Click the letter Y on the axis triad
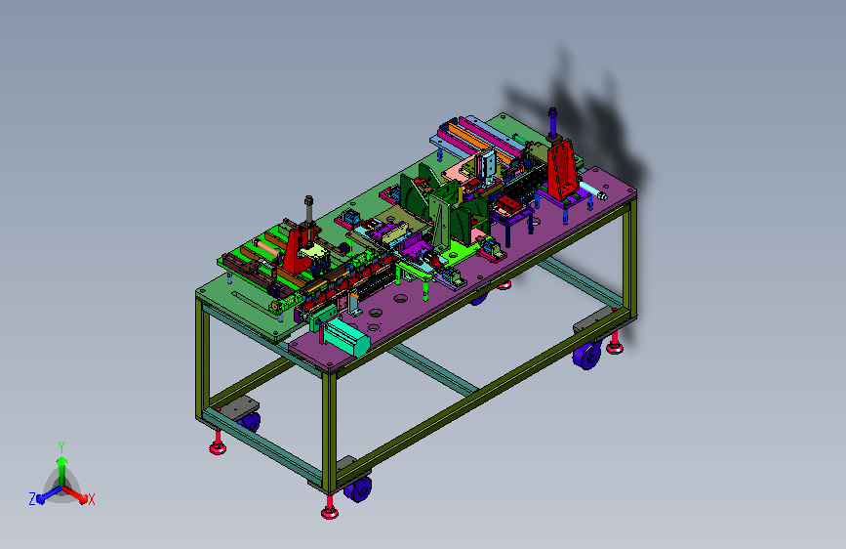(61, 447)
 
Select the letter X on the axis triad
(91, 500)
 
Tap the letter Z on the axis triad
(32, 499)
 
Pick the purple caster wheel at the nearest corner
(357, 488)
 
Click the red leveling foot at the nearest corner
(330, 510)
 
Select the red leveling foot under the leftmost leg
(218, 444)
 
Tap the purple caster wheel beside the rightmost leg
(587, 356)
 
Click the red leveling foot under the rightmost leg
(615, 345)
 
